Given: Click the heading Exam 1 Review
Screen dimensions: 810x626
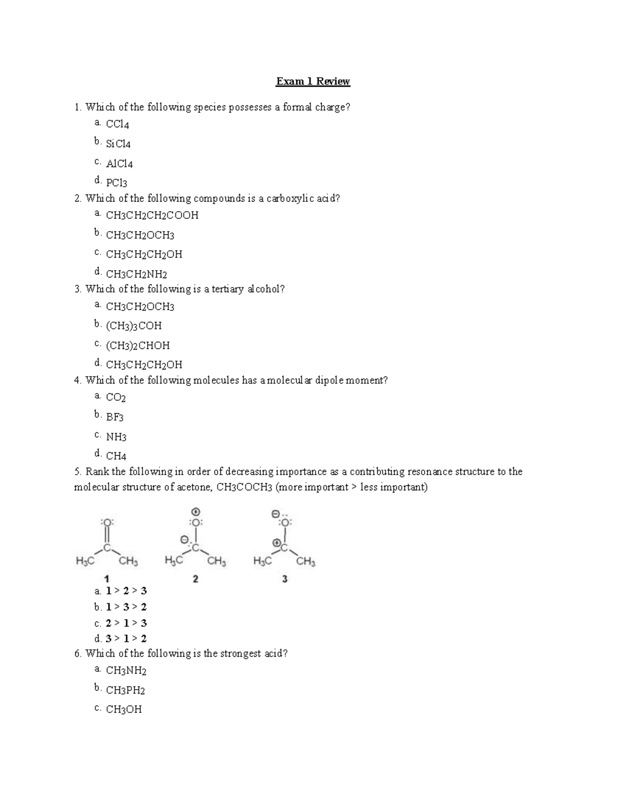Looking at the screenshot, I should tap(313, 81).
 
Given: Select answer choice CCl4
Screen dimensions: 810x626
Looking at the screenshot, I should tap(117, 124).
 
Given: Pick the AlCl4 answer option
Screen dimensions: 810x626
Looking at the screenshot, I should tap(119, 164).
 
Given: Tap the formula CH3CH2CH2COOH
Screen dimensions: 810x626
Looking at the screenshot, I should tap(152, 215).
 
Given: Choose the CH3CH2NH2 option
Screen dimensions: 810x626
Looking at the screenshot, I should tap(136, 274).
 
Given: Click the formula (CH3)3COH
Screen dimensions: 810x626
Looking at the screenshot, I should tap(134, 326).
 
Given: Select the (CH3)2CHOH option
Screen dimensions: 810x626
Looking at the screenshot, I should tap(138, 345).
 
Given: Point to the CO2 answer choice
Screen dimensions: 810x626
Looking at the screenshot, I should tap(116, 397).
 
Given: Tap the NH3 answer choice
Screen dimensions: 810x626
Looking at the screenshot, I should tap(116, 437).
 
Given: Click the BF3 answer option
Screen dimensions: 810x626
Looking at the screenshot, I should tap(115, 417).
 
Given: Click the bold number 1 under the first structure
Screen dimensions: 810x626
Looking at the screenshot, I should tap(106, 578).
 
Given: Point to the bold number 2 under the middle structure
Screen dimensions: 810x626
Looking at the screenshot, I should tap(195, 578).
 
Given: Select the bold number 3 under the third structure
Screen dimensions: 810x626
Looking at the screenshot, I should tap(284, 578).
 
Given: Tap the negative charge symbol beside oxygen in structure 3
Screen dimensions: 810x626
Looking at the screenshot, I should tap(274, 514).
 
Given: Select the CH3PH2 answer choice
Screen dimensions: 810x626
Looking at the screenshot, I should tap(125, 690).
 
